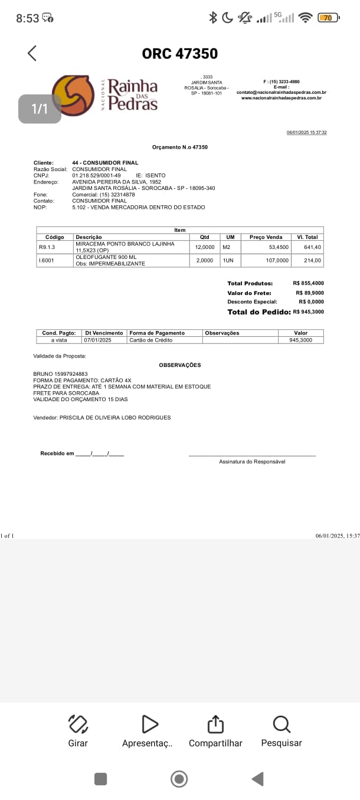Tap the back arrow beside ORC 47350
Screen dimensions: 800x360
32,53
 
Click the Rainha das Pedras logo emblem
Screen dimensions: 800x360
73,95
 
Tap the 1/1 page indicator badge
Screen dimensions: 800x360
40,109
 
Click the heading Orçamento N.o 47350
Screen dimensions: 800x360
179,147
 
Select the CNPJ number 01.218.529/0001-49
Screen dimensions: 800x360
96,175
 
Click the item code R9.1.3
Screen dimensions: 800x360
47,247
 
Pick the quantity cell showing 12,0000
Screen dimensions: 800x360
205,247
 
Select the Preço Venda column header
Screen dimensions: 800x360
266,237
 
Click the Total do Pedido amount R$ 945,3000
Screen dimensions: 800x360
308,312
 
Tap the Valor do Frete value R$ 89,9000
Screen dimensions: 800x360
309,293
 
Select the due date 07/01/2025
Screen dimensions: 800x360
97,340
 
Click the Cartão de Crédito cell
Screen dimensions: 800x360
147,340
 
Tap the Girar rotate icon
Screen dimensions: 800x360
78,723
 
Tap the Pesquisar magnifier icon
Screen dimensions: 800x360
282,723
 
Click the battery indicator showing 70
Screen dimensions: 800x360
328,18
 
